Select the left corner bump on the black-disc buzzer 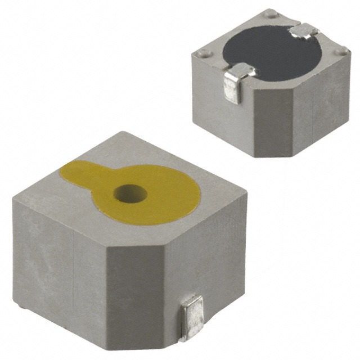[x=202, y=54]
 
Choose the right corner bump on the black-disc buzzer [x=340, y=53]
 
